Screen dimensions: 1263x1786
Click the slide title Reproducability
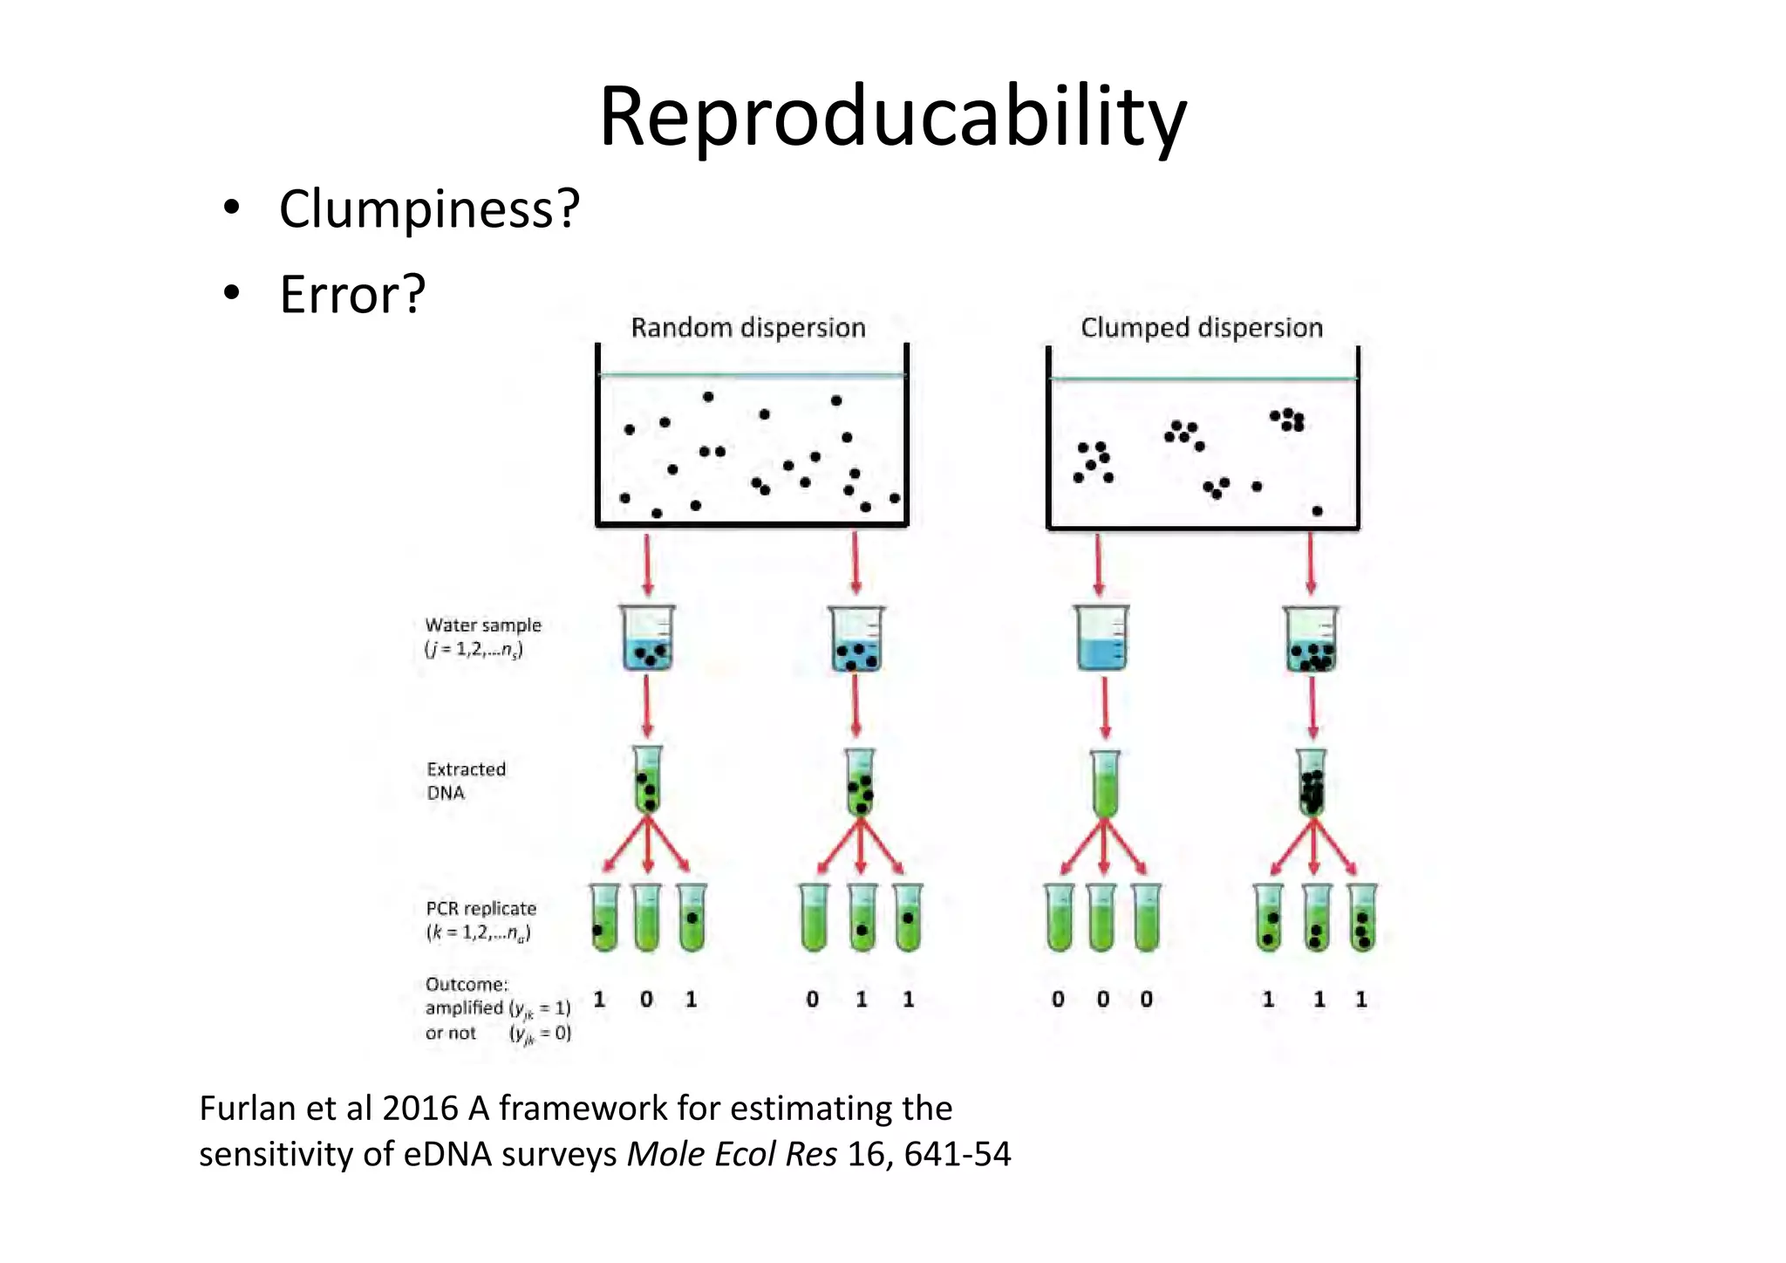[x=892, y=118]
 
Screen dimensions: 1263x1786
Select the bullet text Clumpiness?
[x=429, y=209]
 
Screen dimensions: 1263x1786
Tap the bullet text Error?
[x=352, y=295]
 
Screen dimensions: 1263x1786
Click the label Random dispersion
[x=747, y=328]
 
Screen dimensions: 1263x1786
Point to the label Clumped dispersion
[x=1201, y=328]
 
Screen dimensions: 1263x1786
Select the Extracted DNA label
[x=466, y=781]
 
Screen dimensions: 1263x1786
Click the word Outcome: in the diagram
[x=467, y=985]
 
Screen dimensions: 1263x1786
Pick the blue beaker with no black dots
[x=1102, y=639]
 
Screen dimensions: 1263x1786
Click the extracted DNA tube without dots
[x=1104, y=783]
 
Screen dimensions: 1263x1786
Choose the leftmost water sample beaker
[x=647, y=639]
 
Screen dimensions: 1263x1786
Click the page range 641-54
[x=958, y=1155]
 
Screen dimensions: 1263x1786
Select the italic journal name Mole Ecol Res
[x=732, y=1155]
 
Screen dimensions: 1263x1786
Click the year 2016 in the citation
[x=420, y=1109]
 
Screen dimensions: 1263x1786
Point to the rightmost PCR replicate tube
[x=1361, y=918]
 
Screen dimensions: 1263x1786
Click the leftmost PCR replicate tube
[x=603, y=918]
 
